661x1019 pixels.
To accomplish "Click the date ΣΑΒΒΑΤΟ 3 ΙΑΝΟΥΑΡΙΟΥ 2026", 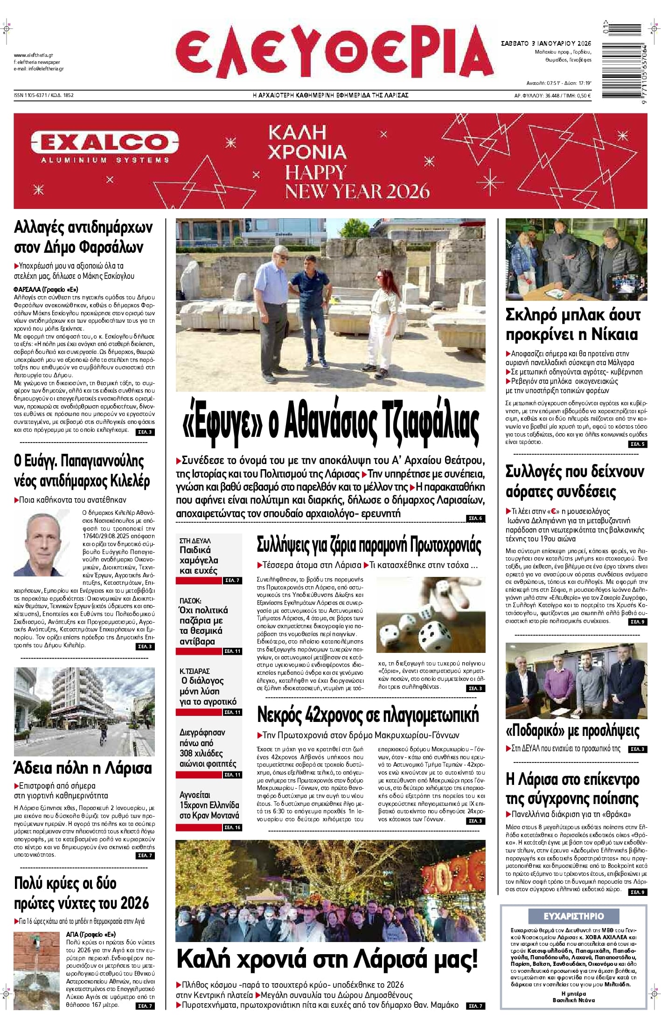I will [x=546, y=43].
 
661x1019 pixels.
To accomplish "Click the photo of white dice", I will [x=431, y=615].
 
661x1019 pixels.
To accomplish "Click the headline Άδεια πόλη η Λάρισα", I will [x=83, y=768].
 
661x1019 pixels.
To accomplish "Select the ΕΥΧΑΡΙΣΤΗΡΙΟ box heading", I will [x=573, y=916].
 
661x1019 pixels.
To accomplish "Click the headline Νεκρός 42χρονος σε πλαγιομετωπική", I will [x=368, y=715].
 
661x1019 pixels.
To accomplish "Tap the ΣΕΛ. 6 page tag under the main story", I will [x=475, y=518].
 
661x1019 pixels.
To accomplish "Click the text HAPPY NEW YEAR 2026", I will [x=357, y=182].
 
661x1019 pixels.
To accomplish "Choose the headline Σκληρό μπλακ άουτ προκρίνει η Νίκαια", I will [x=573, y=325].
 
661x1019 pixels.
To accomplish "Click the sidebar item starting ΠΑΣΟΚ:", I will [x=204, y=621].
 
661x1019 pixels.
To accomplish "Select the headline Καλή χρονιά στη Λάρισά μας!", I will [x=327, y=959].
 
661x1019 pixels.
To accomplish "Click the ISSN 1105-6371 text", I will [x=31, y=95].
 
